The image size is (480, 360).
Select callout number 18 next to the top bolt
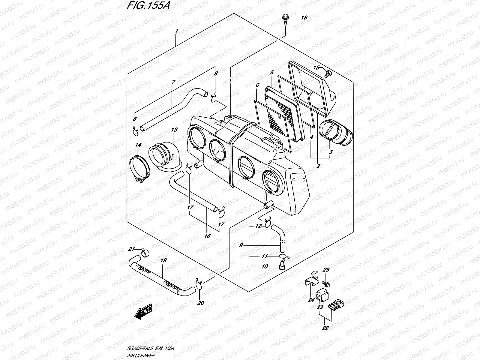coord(304,18)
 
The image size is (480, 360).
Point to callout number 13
coord(174,130)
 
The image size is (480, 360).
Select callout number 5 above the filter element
coord(272,73)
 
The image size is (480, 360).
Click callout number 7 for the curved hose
coord(173,82)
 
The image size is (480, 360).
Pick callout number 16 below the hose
coord(207,236)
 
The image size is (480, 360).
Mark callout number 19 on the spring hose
coord(163,260)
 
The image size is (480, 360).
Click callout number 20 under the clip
coord(200,303)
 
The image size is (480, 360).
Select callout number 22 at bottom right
coord(325,328)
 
